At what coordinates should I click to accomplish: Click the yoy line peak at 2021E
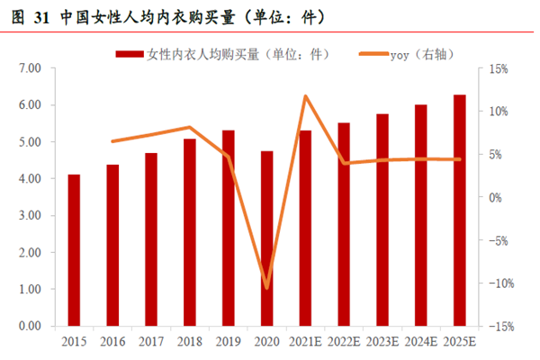coord(306,95)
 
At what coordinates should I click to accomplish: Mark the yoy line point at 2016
coord(112,141)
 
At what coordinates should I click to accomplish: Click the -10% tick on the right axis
coord(500,283)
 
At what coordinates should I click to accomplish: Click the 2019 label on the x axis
coord(228,342)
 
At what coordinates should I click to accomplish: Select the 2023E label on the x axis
coord(382,342)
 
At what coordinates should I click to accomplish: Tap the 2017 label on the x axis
coord(151,342)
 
